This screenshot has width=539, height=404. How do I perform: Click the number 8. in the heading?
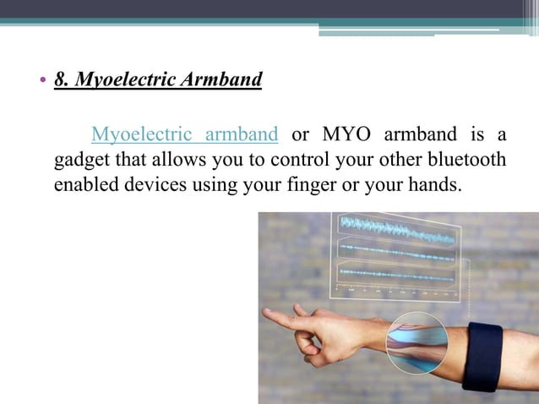(x=62, y=81)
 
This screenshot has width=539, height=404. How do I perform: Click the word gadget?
(x=80, y=161)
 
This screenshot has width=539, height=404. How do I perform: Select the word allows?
(x=184, y=160)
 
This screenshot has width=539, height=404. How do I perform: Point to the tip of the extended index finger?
(x=266, y=314)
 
